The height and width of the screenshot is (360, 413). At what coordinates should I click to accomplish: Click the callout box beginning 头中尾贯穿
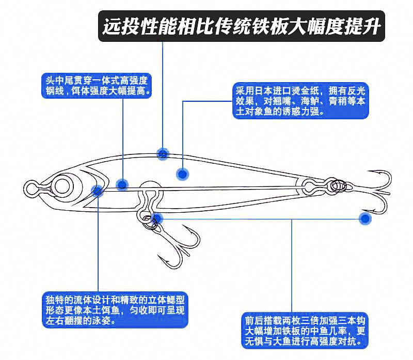pos(97,86)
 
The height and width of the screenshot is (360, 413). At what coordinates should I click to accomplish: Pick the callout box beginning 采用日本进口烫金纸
pos(300,101)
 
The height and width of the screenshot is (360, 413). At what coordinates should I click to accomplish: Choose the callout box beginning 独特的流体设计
pos(115,310)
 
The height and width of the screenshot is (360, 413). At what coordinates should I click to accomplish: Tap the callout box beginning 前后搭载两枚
pos(305,331)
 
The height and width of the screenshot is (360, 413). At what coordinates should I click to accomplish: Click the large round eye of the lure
pos(62,186)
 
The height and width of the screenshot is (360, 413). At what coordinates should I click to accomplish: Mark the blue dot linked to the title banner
pos(163,153)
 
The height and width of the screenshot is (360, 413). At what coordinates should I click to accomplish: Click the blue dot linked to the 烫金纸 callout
pos(182,174)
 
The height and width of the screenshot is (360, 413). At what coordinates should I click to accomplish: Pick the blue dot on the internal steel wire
pos(122,184)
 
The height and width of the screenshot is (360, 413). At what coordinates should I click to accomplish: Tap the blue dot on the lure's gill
pos(97,191)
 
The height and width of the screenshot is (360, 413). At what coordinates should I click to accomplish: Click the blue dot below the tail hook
pos(365,218)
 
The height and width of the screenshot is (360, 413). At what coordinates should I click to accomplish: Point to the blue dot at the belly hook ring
pos(157,218)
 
